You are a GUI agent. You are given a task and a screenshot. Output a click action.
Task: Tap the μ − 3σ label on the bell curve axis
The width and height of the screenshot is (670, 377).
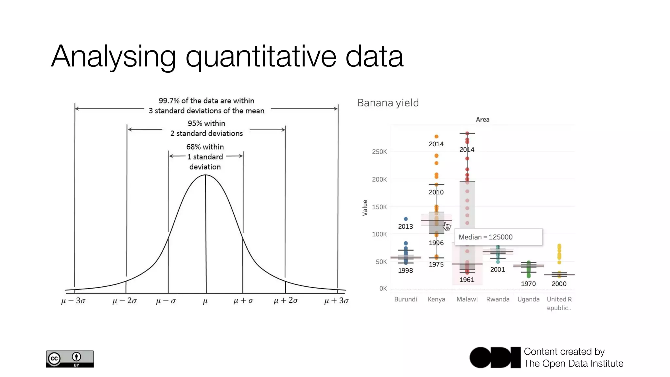click(x=73, y=301)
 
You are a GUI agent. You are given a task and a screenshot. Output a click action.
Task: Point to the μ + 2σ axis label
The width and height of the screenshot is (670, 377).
click(x=286, y=300)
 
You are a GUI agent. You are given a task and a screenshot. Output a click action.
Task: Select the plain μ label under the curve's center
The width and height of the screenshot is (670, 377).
click(x=205, y=301)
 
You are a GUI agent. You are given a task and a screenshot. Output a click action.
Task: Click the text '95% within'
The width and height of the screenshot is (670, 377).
click(x=206, y=123)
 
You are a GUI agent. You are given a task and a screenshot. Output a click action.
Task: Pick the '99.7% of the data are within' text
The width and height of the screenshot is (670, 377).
click(x=206, y=101)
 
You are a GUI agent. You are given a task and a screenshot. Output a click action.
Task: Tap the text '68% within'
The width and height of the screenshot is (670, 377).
click(x=205, y=147)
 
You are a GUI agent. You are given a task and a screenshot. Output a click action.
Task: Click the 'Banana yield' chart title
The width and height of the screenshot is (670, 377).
click(x=388, y=103)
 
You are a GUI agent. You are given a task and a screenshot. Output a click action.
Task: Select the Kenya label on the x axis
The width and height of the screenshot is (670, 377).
click(x=436, y=299)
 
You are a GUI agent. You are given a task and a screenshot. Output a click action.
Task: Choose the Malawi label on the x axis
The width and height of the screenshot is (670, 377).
click(x=467, y=299)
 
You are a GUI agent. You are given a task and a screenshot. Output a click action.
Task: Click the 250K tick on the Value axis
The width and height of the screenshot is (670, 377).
click(x=379, y=152)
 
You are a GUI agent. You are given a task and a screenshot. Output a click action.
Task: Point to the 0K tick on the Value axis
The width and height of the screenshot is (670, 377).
click(x=383, y=289)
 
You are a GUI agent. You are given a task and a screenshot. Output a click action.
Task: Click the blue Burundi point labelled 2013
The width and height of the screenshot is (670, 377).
click(x=406, y=219)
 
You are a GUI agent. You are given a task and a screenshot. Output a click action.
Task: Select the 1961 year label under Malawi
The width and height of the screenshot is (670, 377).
click(x=467, y=280)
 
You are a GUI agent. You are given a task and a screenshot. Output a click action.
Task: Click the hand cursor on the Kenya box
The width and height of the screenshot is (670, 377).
click(x=447, y=226)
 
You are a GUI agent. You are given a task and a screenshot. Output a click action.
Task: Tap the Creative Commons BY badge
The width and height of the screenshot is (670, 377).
click(x=70, y=359)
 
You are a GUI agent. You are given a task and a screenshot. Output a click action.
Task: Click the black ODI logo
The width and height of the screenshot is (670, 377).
click(x=495, y=357)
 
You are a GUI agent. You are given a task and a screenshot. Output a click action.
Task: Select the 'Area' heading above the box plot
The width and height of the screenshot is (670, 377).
click(x=483, y=120)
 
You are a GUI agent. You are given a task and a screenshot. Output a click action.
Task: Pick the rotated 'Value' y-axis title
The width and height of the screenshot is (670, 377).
click(x=365, y=207)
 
